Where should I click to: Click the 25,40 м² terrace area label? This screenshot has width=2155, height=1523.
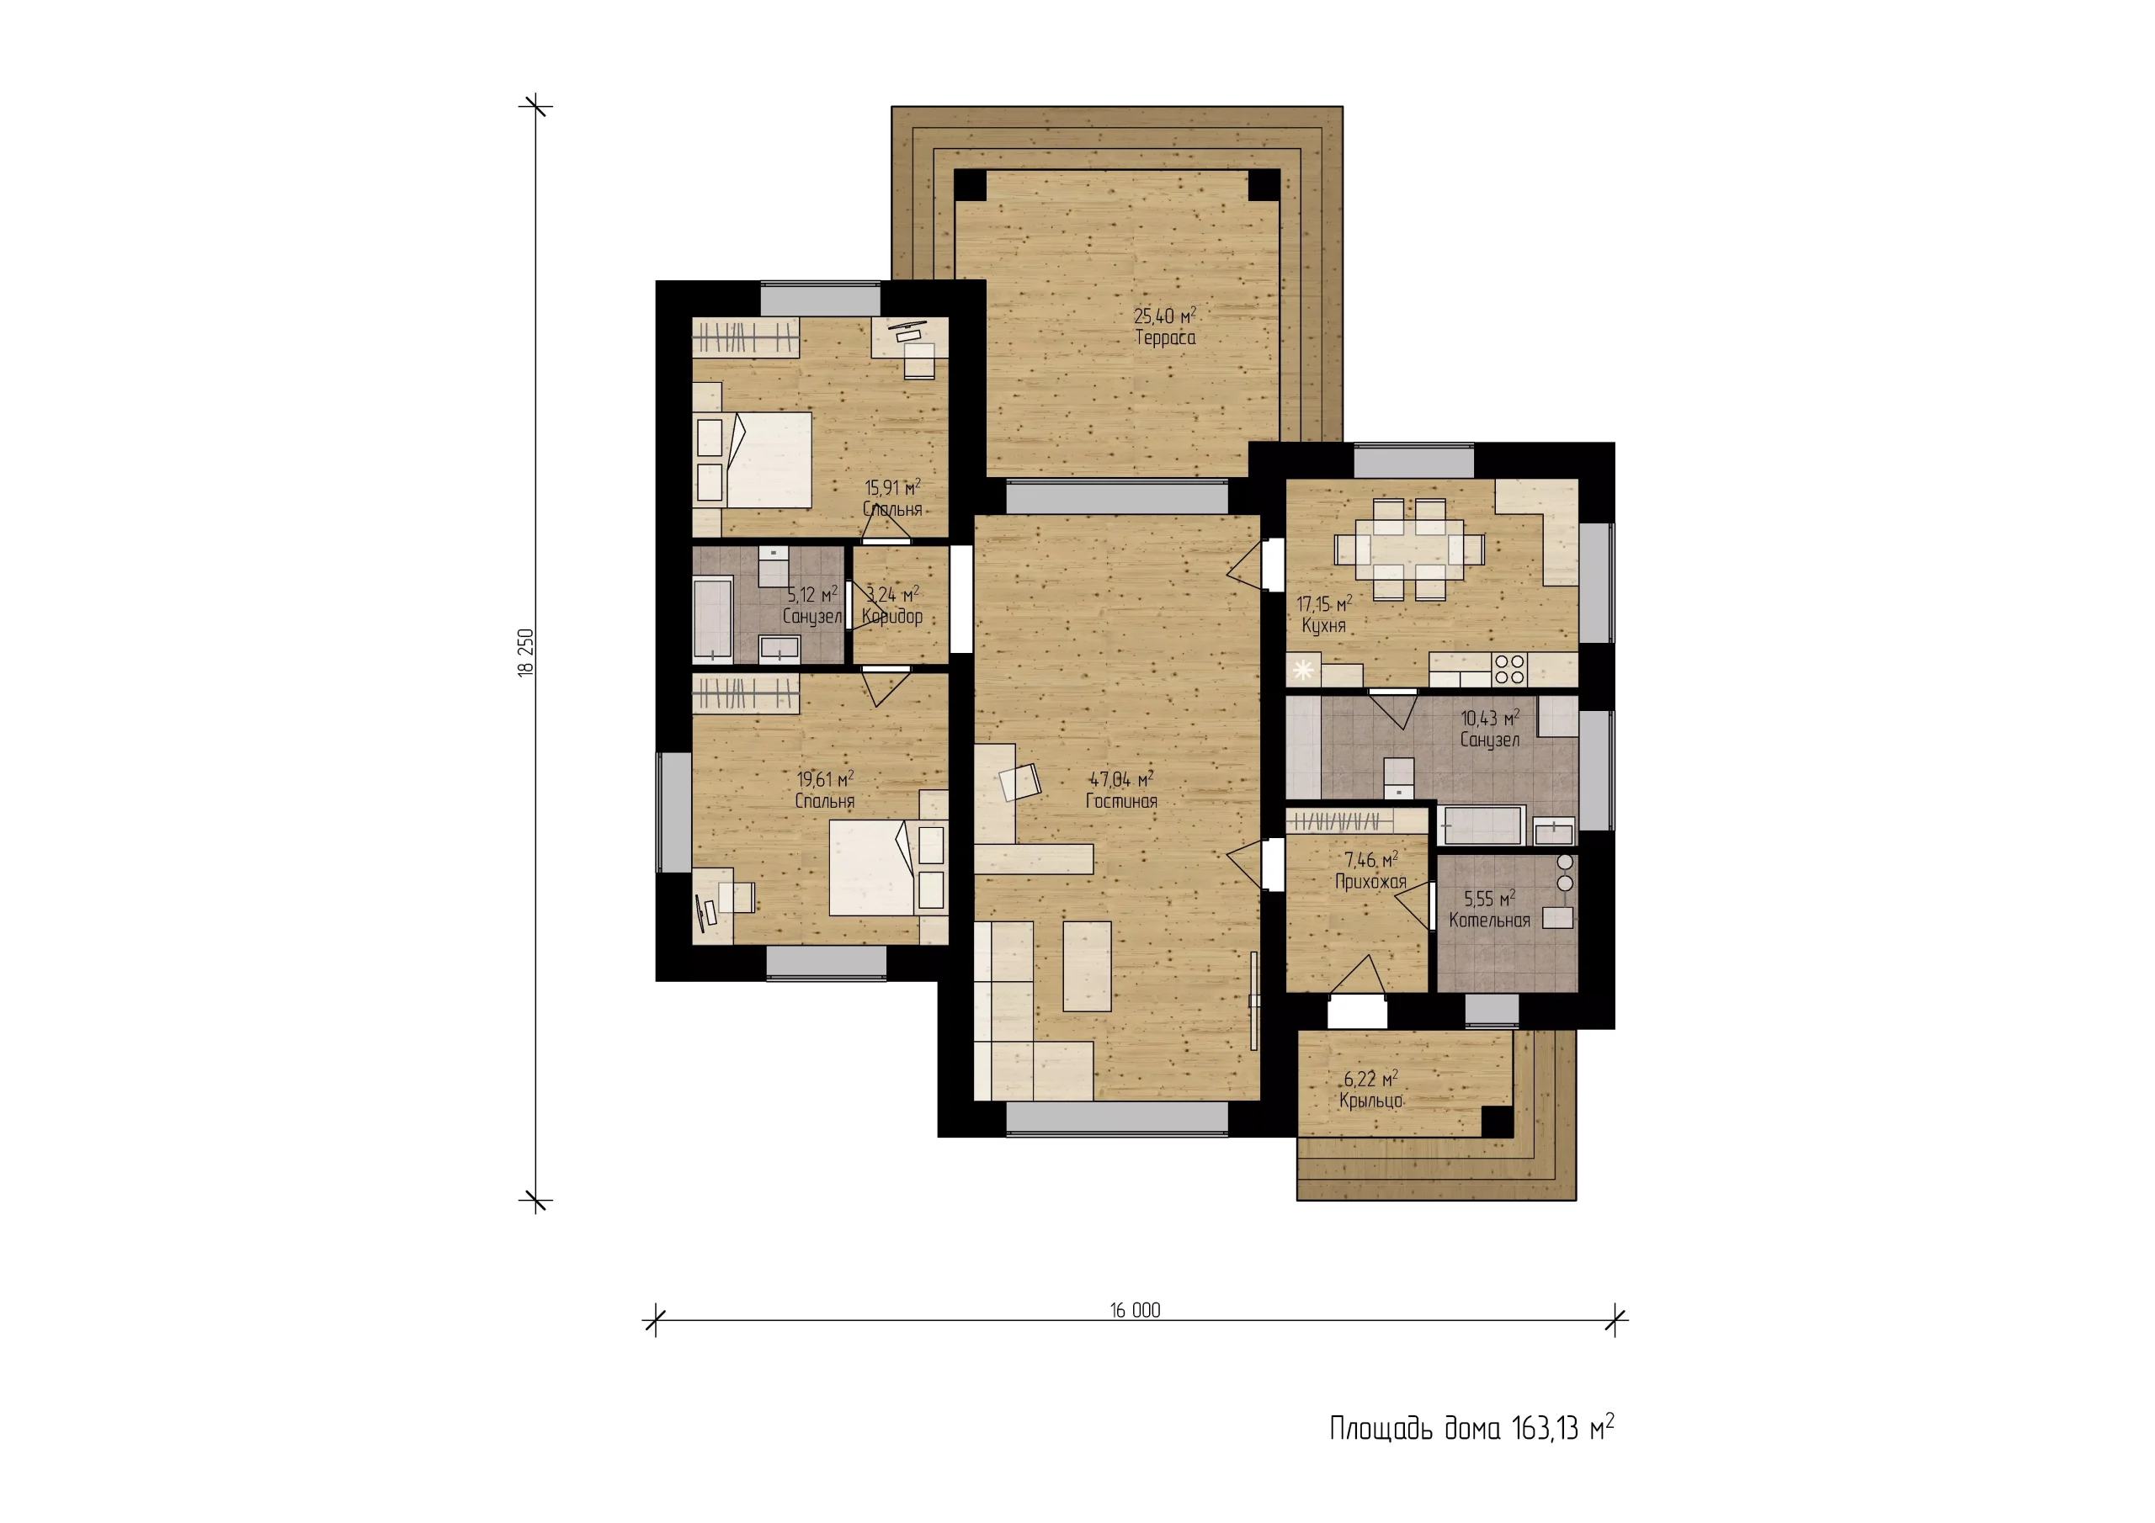click(x=1165, y=316)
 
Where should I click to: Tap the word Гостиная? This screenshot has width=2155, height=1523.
click(x=1121, y=801)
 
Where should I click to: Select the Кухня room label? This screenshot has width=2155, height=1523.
click(x=1323, y=626)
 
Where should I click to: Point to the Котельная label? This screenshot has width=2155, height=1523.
click(x=1489, y=921)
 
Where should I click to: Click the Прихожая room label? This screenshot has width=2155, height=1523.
click(x=1370, y=882)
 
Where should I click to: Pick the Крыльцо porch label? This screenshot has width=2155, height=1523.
click(x=1370, y=1101)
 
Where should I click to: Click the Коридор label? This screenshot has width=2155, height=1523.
click(x=891, y=617)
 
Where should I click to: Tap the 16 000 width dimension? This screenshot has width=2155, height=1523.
click(x=1135, y=1310)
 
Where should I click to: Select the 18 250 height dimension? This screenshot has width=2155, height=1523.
click(x=525, y=652)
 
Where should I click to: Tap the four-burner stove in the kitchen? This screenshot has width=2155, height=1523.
click(x=1509, y=669)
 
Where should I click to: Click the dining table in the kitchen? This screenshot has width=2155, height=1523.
click(x=1410, y=549)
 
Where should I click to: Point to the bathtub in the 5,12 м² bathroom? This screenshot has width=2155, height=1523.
click(x=712, y=620)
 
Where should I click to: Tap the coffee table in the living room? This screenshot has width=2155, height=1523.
click(x=1087, y=966)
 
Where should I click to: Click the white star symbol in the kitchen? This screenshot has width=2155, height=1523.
click(x=1303, y=670)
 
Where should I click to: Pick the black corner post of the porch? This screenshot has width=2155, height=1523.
click(x=1497, y=1122)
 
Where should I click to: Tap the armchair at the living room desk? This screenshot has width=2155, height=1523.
click(x=1020, y=782)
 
